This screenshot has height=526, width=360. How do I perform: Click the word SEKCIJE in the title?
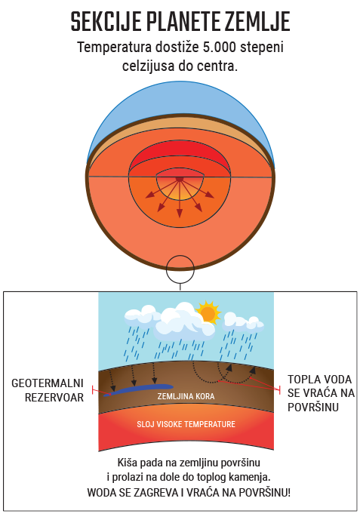(x=106, y=21)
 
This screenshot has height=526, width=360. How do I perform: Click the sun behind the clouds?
(x=208, y=312)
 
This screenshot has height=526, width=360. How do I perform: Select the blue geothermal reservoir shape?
(x=138, y=390)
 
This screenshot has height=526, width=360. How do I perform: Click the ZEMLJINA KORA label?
(x=186, y=396)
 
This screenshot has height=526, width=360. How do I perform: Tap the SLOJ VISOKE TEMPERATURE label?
(x=186, y=424)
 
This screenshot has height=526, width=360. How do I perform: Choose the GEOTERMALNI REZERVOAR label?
(x=48, y=390)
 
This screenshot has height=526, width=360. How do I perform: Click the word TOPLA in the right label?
(x=301, y=380)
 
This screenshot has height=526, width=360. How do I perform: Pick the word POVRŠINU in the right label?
(x=313, y=408)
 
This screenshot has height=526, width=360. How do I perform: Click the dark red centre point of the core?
(x=180, y=179)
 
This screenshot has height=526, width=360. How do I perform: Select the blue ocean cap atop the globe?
(x=180, y=100)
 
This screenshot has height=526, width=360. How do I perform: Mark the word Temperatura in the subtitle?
(x=115, y=47)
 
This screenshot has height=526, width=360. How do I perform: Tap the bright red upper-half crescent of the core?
(x=180, y=155)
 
